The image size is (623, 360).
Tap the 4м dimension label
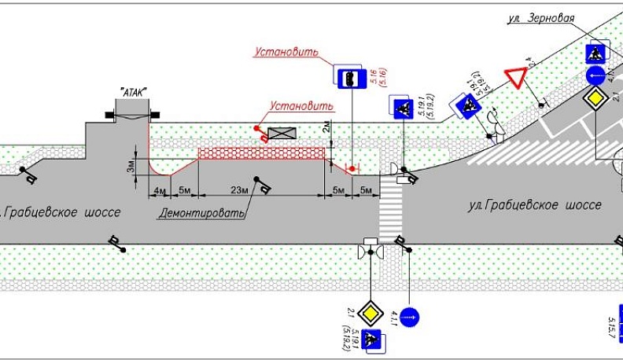point(158,191)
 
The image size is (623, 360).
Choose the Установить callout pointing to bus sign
point(286,53)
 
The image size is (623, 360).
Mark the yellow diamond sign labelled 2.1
point(367,310)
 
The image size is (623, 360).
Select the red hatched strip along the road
point(261,152)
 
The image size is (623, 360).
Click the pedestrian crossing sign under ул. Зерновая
point(596,53)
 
